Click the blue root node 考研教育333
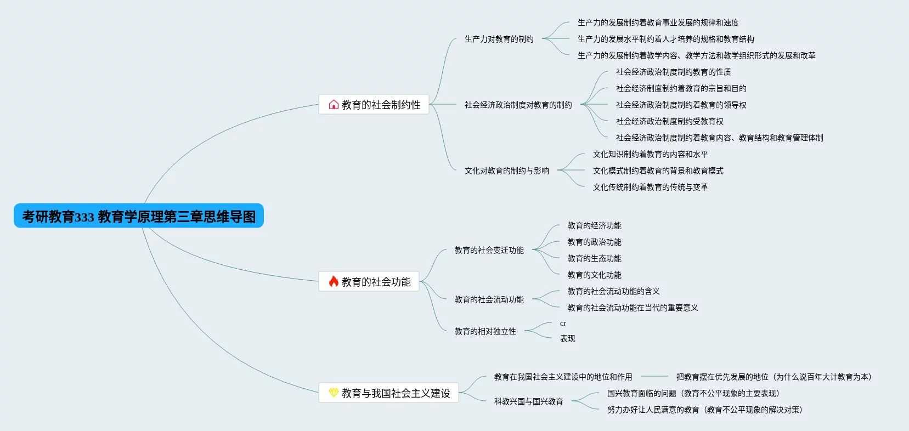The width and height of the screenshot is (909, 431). pyautogui.click(x=139, y=216)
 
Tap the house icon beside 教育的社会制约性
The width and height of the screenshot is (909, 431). pyautogui.click(x=334, y=104)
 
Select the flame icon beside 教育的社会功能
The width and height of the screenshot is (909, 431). pyautogui.click(x=334, y=281)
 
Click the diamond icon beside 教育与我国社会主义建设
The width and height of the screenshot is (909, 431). pyautogui.click(x=334, y=393)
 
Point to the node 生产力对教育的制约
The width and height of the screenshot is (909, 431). pyautogui.click(x=499, y=39)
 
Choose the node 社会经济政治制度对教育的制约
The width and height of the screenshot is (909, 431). pyautogui.click(x=518, y=105)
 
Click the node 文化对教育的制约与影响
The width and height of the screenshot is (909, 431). pyautogui.click(x=506, y=171)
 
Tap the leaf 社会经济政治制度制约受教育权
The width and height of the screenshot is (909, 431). pyautogui.click(x=669, y=121)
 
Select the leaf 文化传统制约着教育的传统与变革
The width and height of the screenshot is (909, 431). pyautogui.click(x=650, y=187)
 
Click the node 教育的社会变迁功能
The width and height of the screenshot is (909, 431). pyautogui.click(x=489, y=250)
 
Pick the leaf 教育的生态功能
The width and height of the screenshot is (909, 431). pyautogui.click(x=594, y=258)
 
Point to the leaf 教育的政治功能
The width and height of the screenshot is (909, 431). pyautogui.click(x=594, y=242)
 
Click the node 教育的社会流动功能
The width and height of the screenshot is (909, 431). pyautogui.click(x=489, y=299)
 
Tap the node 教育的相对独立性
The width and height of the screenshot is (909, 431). pyautogui.click(x=485, y=331)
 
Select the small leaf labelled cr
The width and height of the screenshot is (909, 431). pyautogui.click(x=563, y=324)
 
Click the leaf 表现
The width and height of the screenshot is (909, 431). pyautogui.click(x=567, y=338)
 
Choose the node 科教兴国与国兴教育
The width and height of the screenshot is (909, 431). pyautogui.click(x=528, y=401)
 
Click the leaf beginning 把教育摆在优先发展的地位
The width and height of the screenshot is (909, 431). pyautogui.click(x=774, y=377)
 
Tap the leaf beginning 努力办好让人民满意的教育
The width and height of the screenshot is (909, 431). pyautogui.click(x=704, y=410)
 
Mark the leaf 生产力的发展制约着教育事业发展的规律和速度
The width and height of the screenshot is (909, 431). pyautogui.click(x=658, y=22)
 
